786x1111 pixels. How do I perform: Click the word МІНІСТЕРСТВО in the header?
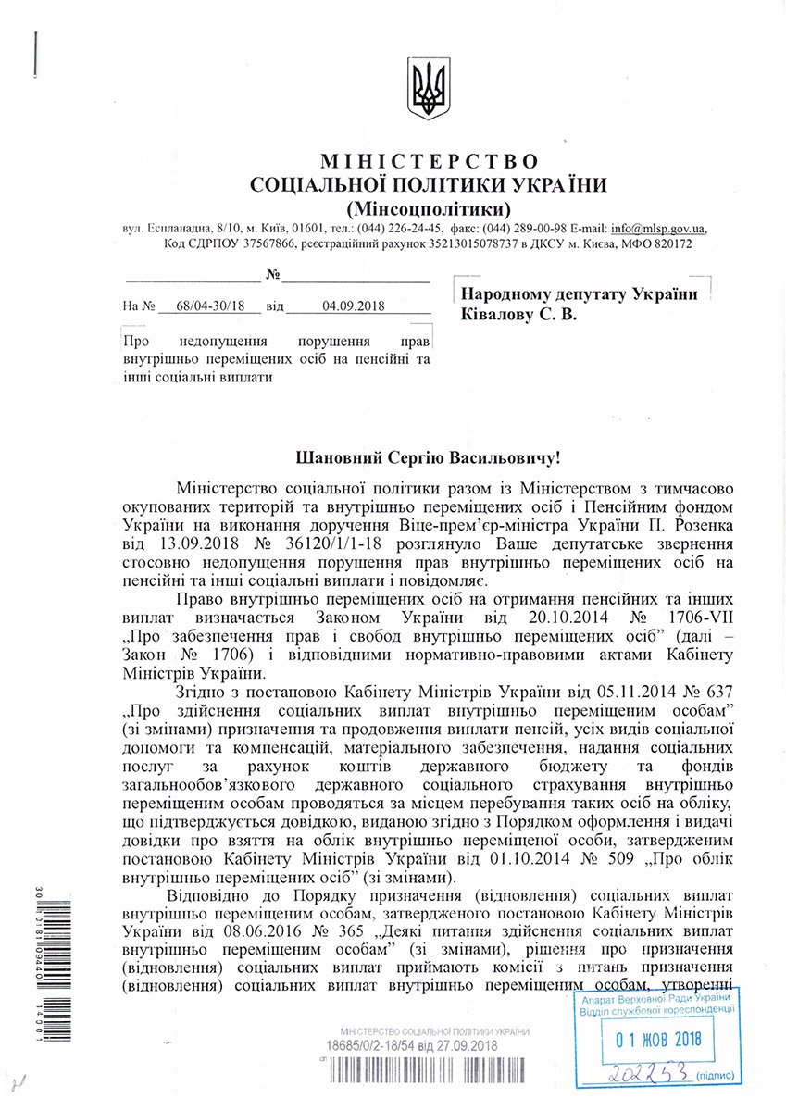click(x=429, y=163)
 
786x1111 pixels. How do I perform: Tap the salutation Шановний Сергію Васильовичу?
click(x=428, y=457)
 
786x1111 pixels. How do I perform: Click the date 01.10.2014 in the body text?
click(x=464, y=857)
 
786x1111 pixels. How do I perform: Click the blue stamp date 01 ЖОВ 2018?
click(x=659, y=1040)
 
